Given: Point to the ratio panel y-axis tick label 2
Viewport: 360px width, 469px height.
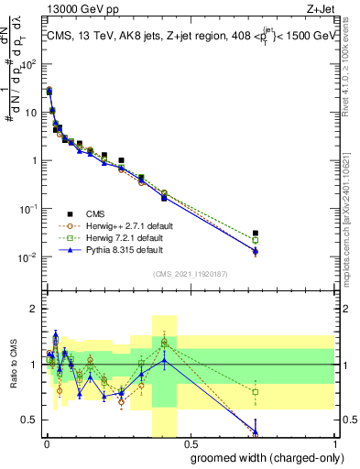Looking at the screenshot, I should (x=32, y=309).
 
